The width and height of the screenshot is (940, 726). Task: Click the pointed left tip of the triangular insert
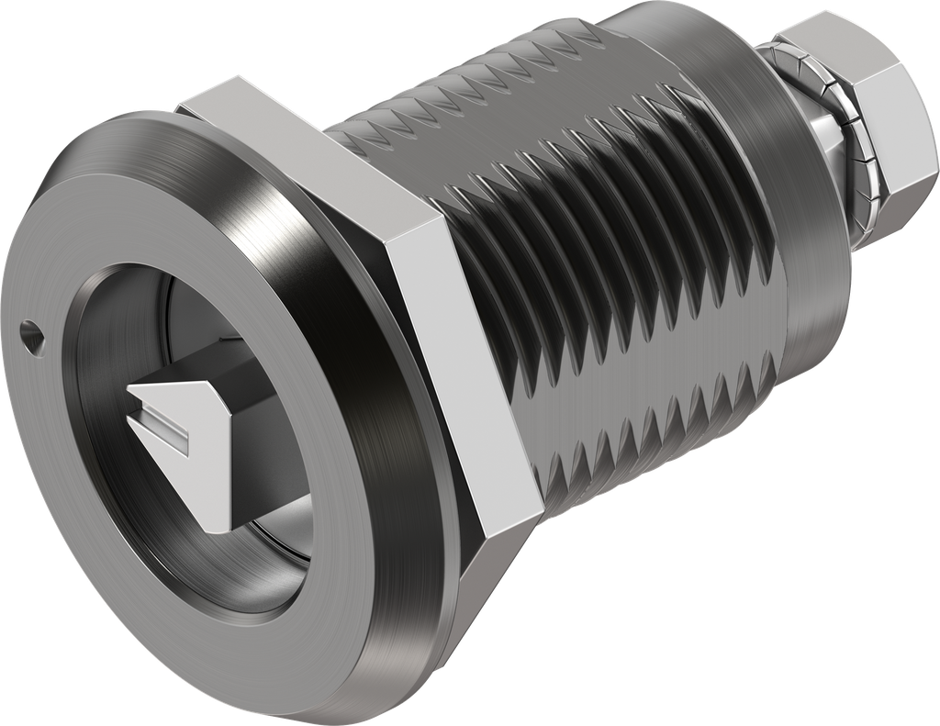click(131, 393)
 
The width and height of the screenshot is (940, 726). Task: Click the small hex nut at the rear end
click(881, 128)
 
